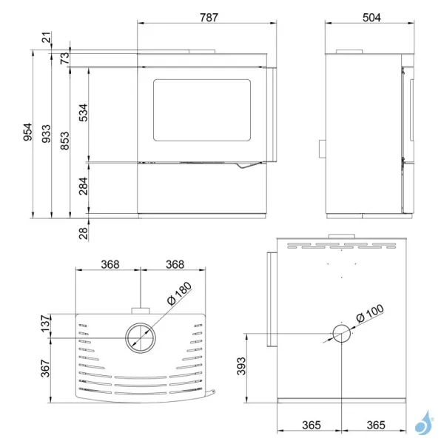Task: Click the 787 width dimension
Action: coord(208,18)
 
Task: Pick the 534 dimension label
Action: coord(84,111)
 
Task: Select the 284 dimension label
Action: coord(84,188)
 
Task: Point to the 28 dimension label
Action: coord(84,233)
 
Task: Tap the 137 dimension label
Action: coord(47,323)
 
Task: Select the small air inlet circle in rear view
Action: coord(340,335)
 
